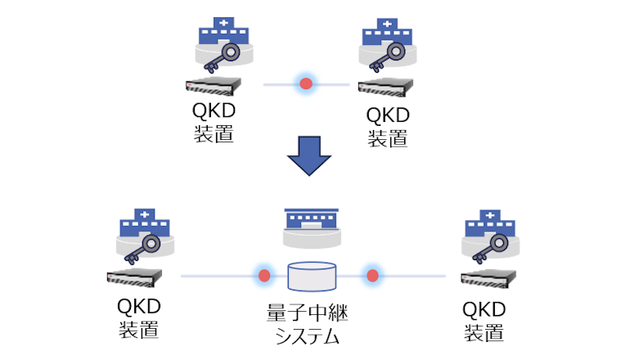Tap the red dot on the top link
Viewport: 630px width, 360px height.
[x=306, y=83]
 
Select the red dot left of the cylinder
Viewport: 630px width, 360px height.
[x=263, y=276]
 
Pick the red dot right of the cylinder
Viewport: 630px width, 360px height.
[x=372, y=276]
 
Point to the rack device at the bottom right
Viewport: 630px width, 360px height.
[x=489, y=277]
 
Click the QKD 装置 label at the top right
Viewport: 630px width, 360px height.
[x=388, y=125]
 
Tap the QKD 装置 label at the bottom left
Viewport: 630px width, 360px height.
[x=139, y=318]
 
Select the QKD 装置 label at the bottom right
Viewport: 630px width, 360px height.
[x=484, y=320]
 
